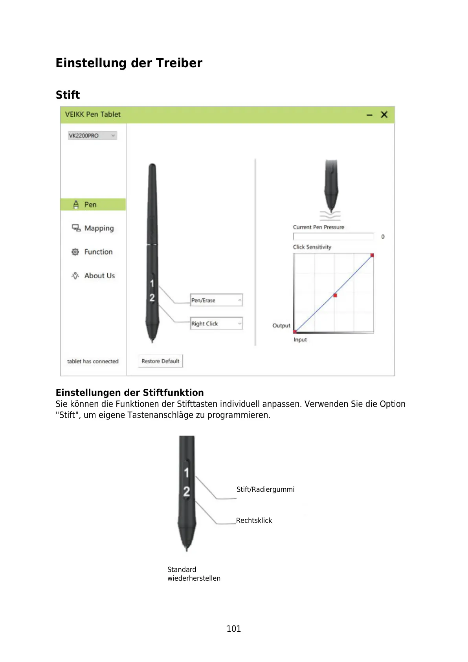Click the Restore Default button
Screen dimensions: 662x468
click(160, 361)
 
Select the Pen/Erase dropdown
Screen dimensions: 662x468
click(216, 300)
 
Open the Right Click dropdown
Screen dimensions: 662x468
click(216, 324)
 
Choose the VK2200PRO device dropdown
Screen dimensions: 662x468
click(92, 136)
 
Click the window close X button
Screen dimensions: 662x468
click(384, 114)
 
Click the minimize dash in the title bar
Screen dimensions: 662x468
click(369, 115)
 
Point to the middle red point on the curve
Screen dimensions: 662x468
click(335, 295)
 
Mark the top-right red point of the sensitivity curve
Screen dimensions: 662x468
click(372, 256)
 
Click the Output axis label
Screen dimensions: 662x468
click(281, 325)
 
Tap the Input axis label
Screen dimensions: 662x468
click(300, 340)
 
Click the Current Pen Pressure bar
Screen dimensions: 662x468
click(334, 237)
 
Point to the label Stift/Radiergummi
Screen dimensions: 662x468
click(265, 489)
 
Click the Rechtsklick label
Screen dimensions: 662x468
click(254, 520)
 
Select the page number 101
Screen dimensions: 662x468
click(234, 629)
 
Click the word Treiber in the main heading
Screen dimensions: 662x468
click(179, 63)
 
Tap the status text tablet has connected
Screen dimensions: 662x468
click(93, 361)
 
